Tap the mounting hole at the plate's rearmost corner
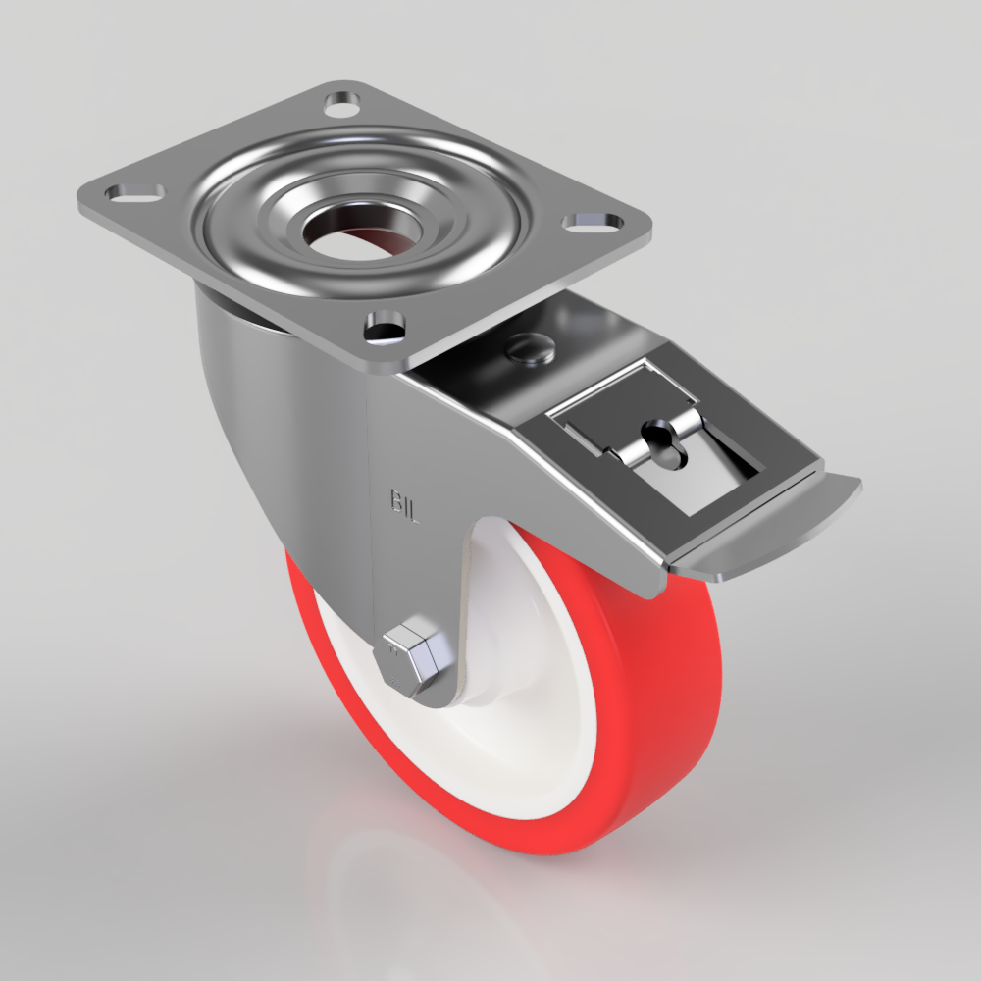click(340, 102)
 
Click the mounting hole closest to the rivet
click(386, 326)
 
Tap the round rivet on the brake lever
click(530, 346)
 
